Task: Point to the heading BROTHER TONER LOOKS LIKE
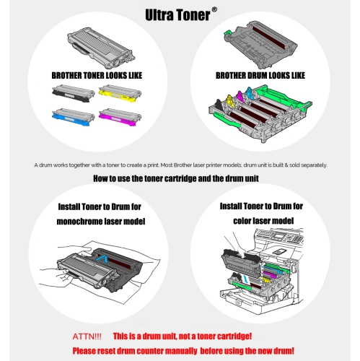(x=91, y=75)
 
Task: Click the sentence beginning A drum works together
(x=180, y=165)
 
